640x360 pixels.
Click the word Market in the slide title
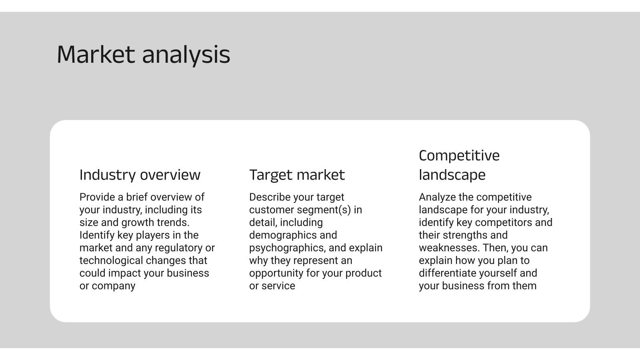pyautogui.click(x=96, y=54)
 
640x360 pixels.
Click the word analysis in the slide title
pyautogui.click(x=186, y=55)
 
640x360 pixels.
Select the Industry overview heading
pyautogui.click(x=140, y=175)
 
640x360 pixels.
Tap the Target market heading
pyautogui.click(x=297, y=175)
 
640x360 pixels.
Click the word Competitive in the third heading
pyautogui.click(x=459, y=156)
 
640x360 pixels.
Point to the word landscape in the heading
pyautogui.click(x=452, y=175)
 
